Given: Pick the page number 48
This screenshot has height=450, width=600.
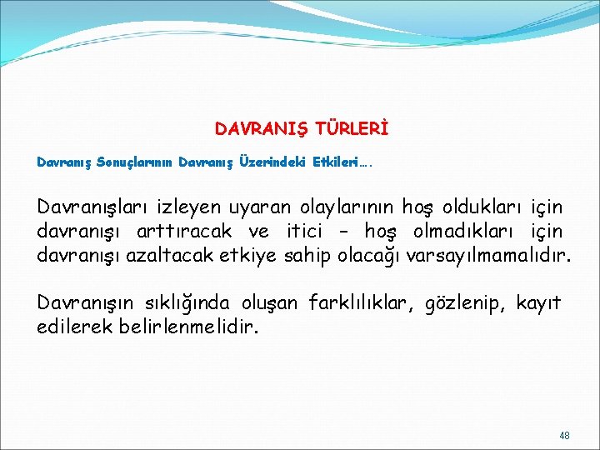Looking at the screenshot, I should (565, 436).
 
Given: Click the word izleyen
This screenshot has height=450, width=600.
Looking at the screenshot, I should (189, 206).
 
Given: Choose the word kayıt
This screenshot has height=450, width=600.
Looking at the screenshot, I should (539, 302).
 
